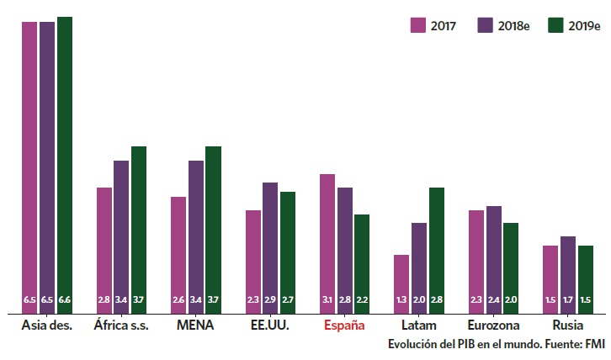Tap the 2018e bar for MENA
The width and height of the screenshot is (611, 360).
click(196, 236)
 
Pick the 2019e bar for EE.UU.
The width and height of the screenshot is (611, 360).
click(288, 251)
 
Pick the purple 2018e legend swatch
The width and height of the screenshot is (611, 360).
click(486, 25)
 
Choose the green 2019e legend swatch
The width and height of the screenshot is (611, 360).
click(555, 25)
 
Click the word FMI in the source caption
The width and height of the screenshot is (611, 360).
click(595, 345)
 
